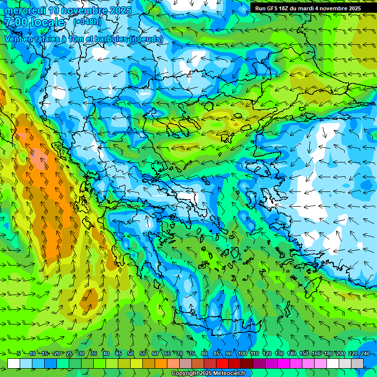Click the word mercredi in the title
tap(25, 10)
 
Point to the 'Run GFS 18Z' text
tap(271, 8)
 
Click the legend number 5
tap(18, 353)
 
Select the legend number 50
tap(131, 353)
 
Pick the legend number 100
tap(242, 353)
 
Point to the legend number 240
tap(365, 353)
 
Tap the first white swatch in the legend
tap(14, 363)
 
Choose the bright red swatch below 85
tap(222, 363)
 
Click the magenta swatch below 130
tap(284, 363)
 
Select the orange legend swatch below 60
tap(161, 363)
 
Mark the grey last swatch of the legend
tap(357, 363)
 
